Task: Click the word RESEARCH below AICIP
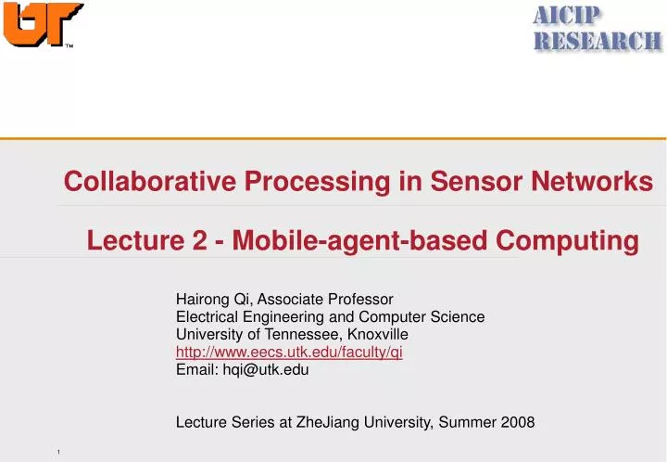coord(598,40)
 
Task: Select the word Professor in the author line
coord(364,299)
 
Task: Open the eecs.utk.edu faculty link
coord(288,352)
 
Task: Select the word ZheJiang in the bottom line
coord(335,422)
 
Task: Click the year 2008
coord(519,422)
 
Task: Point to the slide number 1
coord(57,452)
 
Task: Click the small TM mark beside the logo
coord(69,47)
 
